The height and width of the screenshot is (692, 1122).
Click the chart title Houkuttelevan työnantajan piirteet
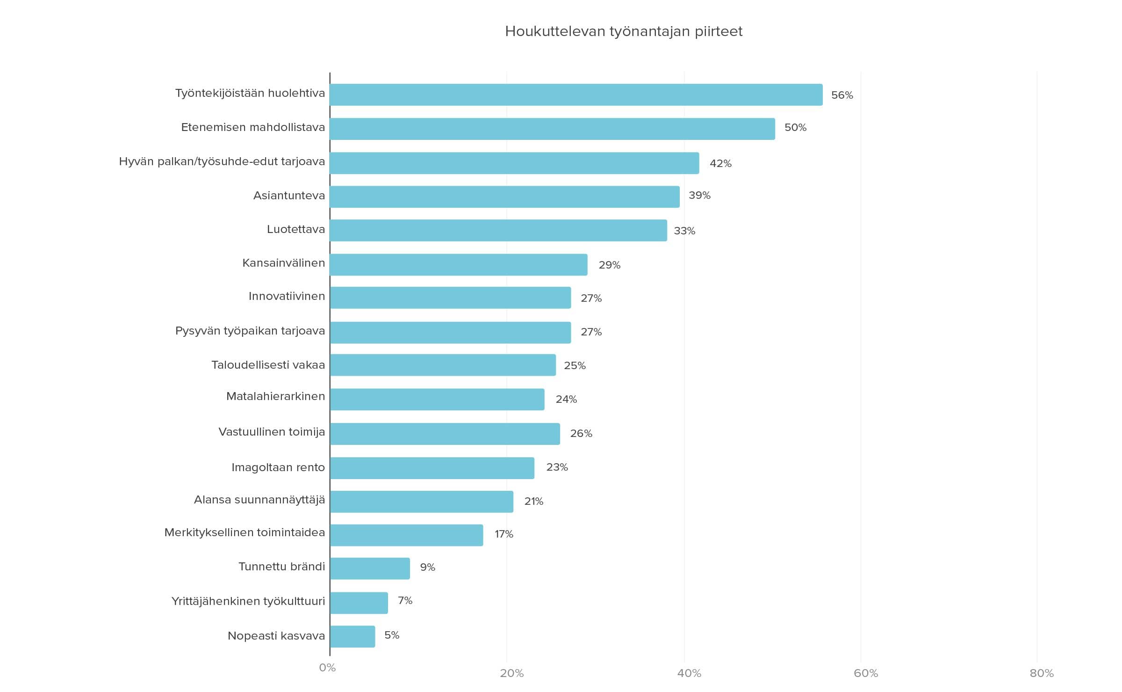[x=624, y=31]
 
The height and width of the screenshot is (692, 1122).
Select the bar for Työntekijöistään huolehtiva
[x=576, y=95]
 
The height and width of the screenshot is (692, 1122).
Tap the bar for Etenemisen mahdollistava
[x=552, y=129]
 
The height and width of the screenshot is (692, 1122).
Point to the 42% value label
[x=720, y=163]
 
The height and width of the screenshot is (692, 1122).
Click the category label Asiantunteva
[x=289, y=196]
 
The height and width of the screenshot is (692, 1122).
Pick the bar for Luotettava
[x=498, y=230]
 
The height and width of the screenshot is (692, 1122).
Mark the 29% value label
[x=609, y=265]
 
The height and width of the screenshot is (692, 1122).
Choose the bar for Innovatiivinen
[x=450, y=298]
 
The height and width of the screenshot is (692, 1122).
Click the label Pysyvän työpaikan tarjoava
[x=250, y=331]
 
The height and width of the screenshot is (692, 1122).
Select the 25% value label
[x=575, y=365]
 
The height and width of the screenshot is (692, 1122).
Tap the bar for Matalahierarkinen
[x=437, y=399]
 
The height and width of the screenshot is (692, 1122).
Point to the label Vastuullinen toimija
[x=272, y=432]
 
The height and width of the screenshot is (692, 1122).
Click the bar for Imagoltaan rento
[x=432, y=468]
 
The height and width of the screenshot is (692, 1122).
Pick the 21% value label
[x=533, y=501]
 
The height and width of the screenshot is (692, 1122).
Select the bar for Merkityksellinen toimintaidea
[x=406, y=535]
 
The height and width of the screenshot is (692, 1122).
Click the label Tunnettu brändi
[x=281, y=567]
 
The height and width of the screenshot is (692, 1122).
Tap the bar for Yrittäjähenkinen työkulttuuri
[x=359, y=603]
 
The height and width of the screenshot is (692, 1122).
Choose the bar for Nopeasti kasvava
[x=352, y=636]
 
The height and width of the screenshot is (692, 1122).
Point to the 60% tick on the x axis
[x=865, y=673]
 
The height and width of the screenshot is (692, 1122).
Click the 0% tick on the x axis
[x=327, y=668]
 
